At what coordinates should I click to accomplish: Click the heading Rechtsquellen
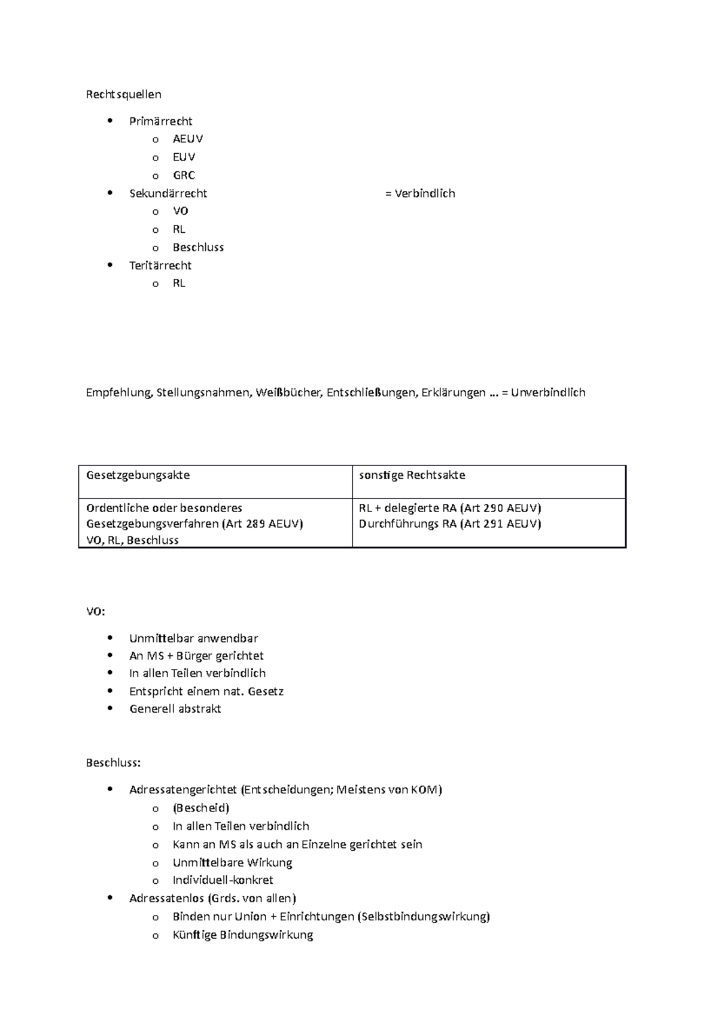pos(123,95)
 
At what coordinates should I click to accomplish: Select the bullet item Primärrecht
pos(160,121)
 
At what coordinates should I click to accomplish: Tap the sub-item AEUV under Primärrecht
pos(188,139)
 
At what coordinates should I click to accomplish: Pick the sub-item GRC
pos(184,175)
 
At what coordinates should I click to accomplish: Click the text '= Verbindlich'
pos(420,193)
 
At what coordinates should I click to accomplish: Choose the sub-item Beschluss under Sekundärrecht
pos(198,247)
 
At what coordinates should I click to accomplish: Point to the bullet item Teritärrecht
pos(160,265)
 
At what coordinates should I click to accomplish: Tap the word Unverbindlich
pos(548,393)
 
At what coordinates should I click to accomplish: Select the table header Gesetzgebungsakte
pos(138,475)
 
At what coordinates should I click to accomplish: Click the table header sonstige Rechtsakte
pos(412,475)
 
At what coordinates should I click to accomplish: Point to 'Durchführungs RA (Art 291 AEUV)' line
pos(449,524)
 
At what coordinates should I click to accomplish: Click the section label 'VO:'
pos(95,612)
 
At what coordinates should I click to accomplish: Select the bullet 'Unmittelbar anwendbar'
pos(193,638)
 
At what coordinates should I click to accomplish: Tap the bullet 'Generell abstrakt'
pos(175,709)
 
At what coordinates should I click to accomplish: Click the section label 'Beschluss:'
pos(113,763)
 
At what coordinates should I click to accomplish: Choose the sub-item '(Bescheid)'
pos(200,808)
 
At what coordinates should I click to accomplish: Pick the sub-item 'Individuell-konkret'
pos(223,880)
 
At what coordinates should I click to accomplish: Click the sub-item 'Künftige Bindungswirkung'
pos(242,935)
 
